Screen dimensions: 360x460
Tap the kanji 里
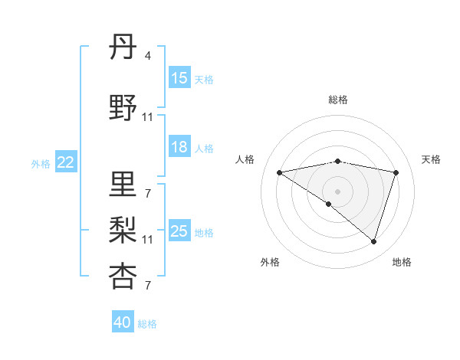[123, 184]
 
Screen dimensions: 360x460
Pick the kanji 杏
[123, 276]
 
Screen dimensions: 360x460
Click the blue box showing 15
[179, 78]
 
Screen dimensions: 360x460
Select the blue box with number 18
[179, 147]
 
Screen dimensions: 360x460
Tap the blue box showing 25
[179, 231]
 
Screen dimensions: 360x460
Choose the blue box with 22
[66, 162]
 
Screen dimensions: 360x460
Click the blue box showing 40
[123, 322]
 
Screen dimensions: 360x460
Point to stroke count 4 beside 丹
[147, 56]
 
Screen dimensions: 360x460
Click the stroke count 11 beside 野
[148, 117]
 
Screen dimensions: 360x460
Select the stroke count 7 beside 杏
[147, 286]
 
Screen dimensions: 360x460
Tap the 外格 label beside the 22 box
[41, 162]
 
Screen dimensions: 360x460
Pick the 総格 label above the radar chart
[337, 100]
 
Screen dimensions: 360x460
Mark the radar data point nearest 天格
[396, 172]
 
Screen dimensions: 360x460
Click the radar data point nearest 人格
[280, 172]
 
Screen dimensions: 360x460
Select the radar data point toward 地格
[373, 241]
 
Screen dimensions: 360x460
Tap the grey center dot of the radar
[337, 191]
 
